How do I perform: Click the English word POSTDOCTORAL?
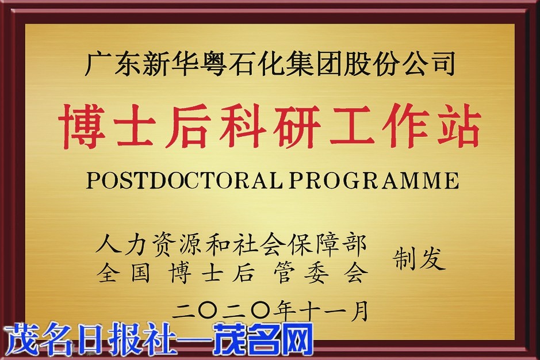(185, 180)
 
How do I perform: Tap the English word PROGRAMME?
(374, 180)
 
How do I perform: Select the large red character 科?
(243, 127)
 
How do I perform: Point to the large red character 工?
(351, 127)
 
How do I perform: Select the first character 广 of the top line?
(97, 64)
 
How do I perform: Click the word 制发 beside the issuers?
(419, 258)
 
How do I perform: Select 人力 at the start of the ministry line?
(122, 245)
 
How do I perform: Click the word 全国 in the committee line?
(123, 274)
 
